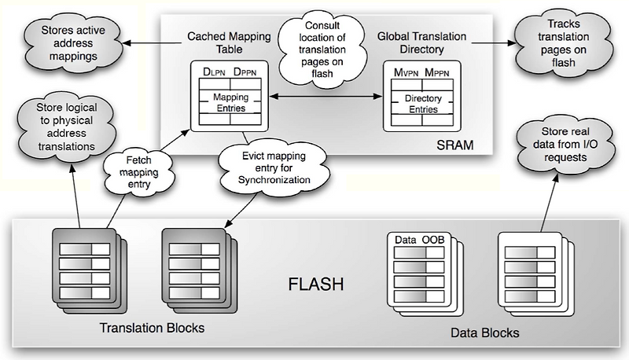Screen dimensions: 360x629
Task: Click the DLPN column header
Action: pos(213,72)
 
